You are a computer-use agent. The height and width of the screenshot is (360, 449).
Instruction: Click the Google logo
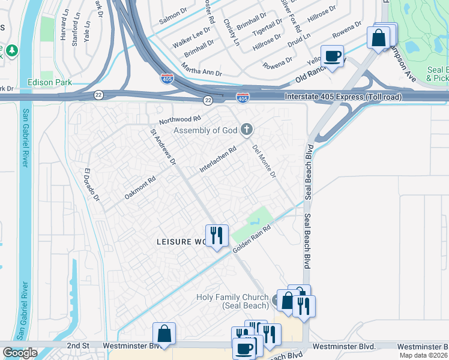[x=19, y=353]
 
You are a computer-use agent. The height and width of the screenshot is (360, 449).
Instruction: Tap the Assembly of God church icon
[x=246, y=129]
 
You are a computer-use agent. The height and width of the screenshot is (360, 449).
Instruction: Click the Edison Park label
[x=49, y=82]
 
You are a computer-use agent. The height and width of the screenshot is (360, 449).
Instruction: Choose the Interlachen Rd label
[x=218, y=160]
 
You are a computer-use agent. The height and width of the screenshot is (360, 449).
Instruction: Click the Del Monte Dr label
[x=264, y=162]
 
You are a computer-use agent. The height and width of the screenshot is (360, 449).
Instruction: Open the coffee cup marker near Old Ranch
[x=332, y=57]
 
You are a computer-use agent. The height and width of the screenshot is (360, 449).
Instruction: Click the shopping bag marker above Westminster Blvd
[x=164, y=334]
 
